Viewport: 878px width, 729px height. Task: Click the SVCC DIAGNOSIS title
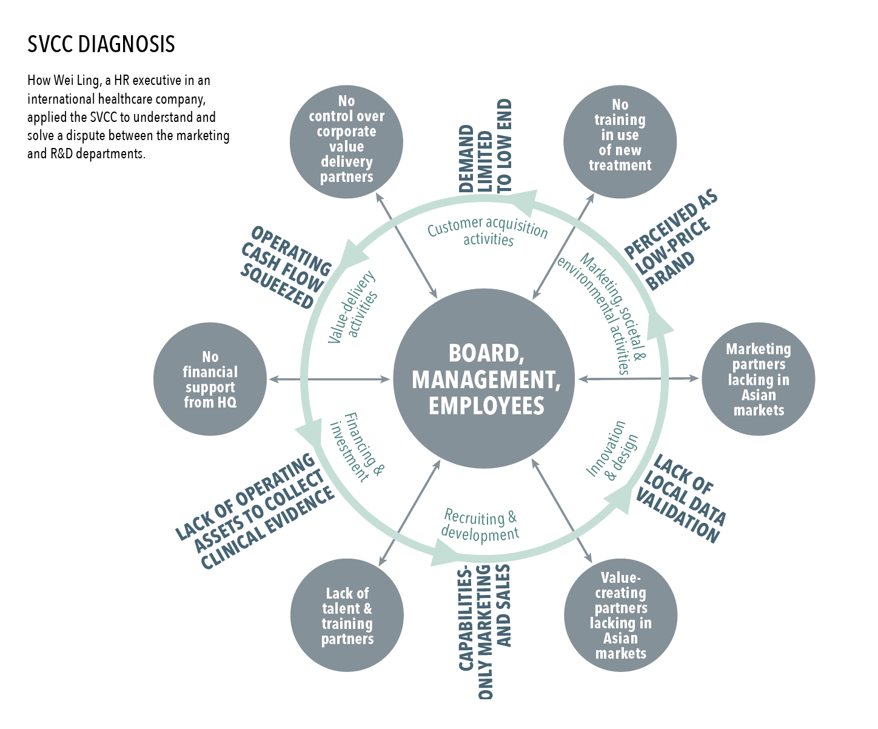(101, 44)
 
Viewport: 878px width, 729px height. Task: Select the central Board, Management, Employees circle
(486, 379)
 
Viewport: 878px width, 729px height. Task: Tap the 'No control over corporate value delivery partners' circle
(346, 140)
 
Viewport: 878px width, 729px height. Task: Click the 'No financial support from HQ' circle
(210, 379)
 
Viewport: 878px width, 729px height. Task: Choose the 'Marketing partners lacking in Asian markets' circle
(758, 379)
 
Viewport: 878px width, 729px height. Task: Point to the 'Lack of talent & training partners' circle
(347, 615)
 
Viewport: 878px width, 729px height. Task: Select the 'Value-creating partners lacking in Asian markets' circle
(620, 615)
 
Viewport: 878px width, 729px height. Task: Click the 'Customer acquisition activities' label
(488, 232)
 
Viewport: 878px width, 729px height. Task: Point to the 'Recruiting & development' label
(481, 525)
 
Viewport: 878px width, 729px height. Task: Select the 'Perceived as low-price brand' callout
(671, 241)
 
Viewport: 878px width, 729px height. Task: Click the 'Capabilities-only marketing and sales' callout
(485, 631)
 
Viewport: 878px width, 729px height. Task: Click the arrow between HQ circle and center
(329, 379)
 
